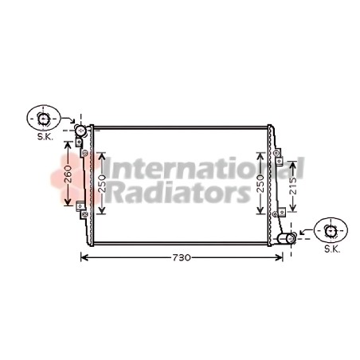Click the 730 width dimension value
(x=182, y=257)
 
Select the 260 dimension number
(x=68, y=174)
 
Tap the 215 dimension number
(x=293, y=186)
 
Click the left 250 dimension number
(x=102, y=184)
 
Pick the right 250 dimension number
(x=260, y=184)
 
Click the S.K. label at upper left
(x=45, y=137)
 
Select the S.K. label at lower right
(x=332, y=249)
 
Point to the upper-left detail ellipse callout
(x=44, y=118)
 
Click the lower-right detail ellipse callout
(x=331, y=230)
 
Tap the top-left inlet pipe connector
(x=80, y=131)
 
